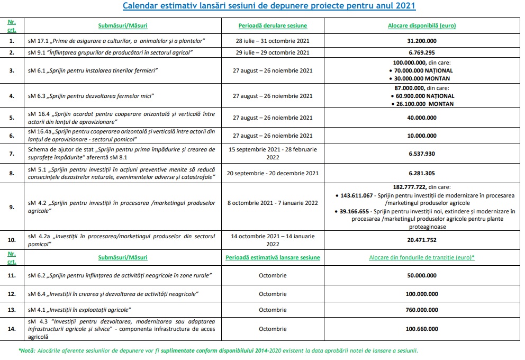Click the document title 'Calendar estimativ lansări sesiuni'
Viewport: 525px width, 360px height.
coord(269,6)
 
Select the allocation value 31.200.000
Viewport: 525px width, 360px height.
coord(421,40)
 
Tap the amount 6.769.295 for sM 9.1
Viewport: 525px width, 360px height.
coord(421,52)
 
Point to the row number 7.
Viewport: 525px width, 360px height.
coord(12,153)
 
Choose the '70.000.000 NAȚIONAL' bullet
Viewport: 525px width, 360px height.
coord(424,70)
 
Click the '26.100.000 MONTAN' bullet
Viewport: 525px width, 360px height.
coord(424,104)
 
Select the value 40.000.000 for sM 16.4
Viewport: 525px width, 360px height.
coord(421,118)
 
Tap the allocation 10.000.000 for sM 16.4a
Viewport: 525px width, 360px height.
coord(421,136)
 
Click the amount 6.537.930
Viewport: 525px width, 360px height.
coord(421,153)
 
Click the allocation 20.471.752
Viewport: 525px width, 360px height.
coord(421,239)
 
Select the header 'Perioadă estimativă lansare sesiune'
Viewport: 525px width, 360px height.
coord(273,258)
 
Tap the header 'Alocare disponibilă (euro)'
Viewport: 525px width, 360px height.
coord(421,25)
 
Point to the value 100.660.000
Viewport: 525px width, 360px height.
coord(421,329)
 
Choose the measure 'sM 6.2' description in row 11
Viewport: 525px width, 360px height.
coord(119,275)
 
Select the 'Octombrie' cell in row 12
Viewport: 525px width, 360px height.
coord(273,293)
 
